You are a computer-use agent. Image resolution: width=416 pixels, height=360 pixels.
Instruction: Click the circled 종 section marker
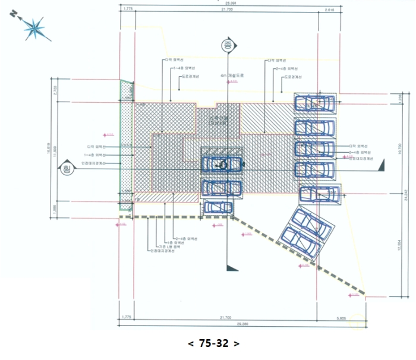pos(226,45)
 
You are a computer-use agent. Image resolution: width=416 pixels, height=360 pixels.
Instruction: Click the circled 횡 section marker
pos(66,170)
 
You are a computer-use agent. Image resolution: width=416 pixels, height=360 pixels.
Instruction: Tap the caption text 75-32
pos(213,343)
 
